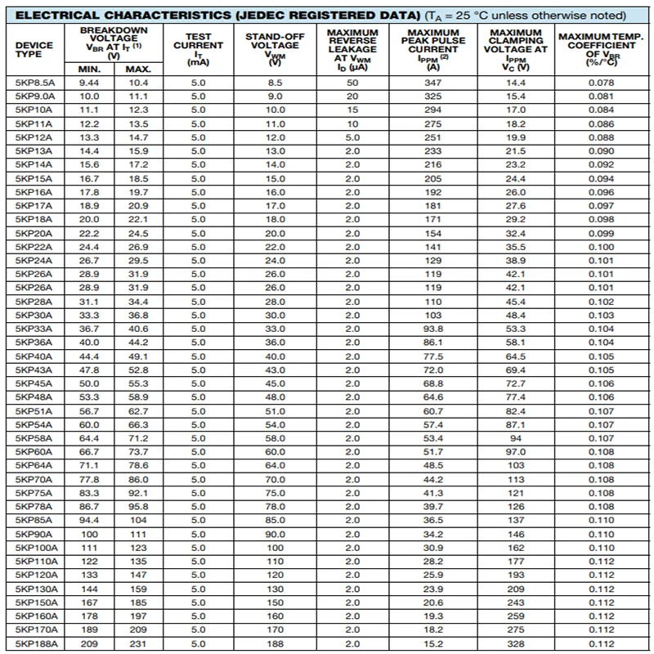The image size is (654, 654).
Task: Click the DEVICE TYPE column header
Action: point(34,48)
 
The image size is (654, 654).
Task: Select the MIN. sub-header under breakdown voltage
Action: point(89,68)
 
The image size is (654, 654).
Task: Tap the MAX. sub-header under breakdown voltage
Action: point(137,68)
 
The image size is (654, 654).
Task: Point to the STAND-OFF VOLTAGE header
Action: point(275,48)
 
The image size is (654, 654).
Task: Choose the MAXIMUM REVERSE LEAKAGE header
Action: point(352,48)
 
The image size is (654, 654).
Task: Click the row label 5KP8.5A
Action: point(34,83)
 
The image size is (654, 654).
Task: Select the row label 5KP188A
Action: point(34,644)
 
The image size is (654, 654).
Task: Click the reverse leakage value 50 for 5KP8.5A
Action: point(352,83)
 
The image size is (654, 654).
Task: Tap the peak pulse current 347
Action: point(433,83)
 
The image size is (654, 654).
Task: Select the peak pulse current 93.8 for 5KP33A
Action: point(433,329)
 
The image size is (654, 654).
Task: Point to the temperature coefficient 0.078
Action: point(601,83)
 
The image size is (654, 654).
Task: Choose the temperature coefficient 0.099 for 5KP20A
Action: point(601,233)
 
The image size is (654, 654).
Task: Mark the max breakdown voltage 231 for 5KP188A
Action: point(137,644)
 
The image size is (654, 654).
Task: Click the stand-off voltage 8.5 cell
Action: point(275,83)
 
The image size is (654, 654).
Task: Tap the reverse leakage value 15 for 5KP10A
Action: point(352,110)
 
